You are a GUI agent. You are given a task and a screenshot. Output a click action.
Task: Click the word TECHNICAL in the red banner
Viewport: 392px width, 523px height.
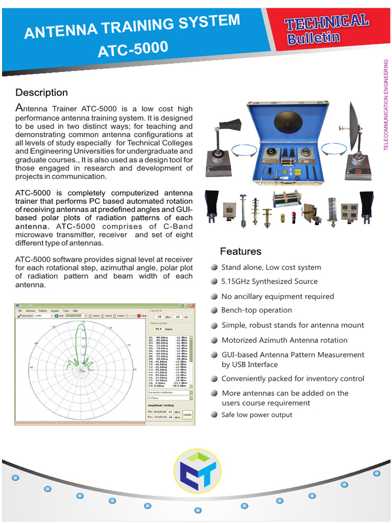tap(327, 21)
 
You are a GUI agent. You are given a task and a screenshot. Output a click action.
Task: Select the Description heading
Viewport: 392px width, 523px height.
tap(41, 92)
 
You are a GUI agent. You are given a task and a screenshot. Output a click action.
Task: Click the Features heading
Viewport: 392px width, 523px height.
tap(240, 251)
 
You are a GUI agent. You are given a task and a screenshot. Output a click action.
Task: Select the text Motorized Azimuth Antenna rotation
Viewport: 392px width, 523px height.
tap(284, 340)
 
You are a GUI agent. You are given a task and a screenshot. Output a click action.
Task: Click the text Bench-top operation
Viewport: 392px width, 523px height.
tap(256, 310)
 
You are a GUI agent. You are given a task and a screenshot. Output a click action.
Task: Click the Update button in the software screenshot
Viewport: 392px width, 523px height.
tap(187, 414)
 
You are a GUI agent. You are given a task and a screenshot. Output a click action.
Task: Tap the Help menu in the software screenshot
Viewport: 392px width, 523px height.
tap(75, 311)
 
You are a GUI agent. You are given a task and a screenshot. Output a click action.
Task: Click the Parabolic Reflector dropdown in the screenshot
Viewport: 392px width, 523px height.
tap(169, 393)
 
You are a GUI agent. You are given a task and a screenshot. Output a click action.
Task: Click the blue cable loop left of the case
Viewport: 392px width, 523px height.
tap(243, 149)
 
